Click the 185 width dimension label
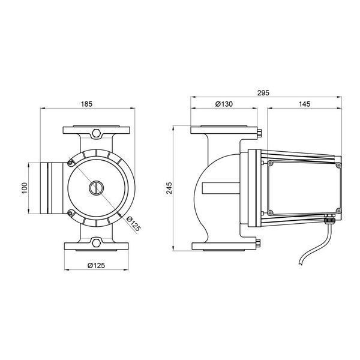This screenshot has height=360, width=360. pyautogui.click(x=86, y=104)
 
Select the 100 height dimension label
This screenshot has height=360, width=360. pyautogui.click(x=25, y=188)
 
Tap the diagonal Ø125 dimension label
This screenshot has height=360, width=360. pyautogui.click(x=133, y=224)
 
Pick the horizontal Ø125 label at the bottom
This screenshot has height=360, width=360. pyautogui.click(x=96, y=266)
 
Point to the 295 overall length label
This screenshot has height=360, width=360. pyautogui.click(x=263, y=93)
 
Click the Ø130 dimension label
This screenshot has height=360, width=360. pyautogui.click(x=224, y=104)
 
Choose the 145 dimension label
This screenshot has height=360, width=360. pyautogui.click(x=304, y=104)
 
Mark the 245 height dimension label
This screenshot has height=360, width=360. pyautogui.click(x=169, y=188)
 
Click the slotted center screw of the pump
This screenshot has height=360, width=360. pyautogui.click(x=96, y=188)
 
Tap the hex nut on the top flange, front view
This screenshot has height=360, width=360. pyautogui.click(x=96, y=133)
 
